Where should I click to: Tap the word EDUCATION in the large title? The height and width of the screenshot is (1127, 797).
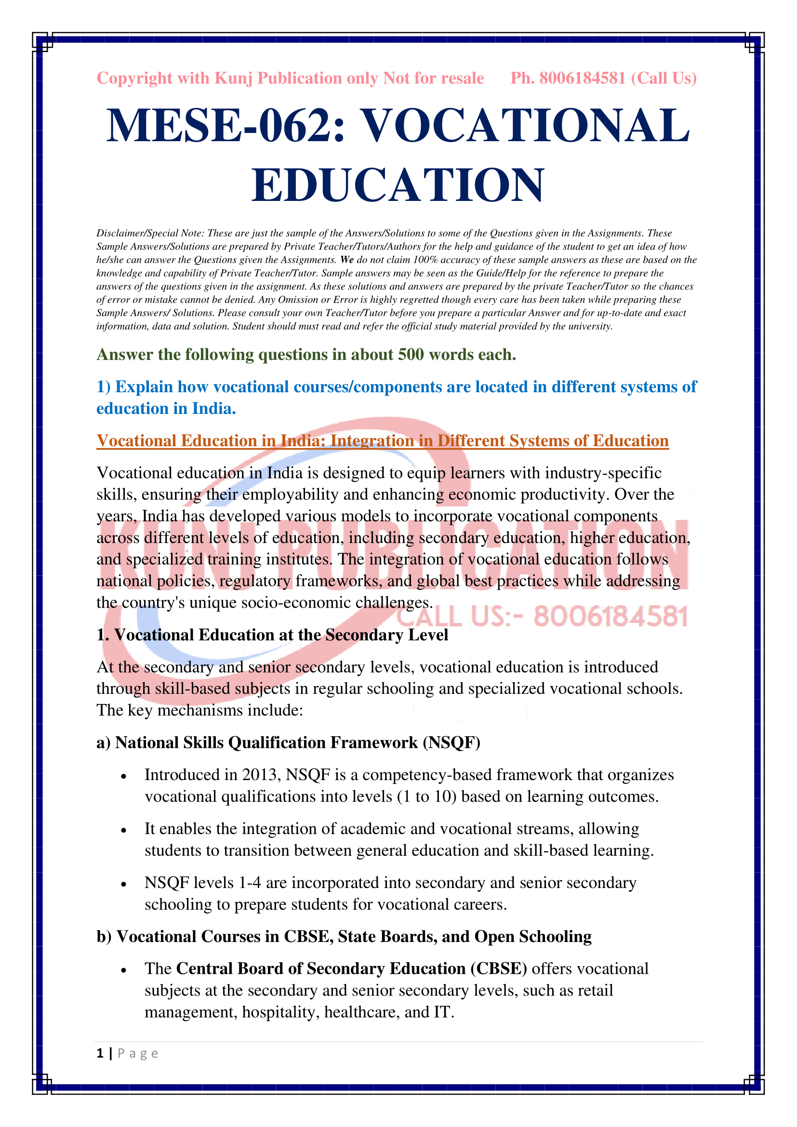398,185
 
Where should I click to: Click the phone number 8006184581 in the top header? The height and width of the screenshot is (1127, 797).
583,78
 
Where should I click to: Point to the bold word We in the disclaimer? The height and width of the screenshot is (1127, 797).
346,260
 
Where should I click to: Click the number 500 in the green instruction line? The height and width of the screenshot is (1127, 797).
410,355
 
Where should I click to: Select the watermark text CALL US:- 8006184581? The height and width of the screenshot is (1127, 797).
542,617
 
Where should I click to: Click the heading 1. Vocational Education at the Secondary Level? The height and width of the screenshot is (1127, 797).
272,635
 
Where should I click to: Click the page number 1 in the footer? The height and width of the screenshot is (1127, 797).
100,1053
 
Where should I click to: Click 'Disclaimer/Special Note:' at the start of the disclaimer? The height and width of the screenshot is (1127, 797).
150,233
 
